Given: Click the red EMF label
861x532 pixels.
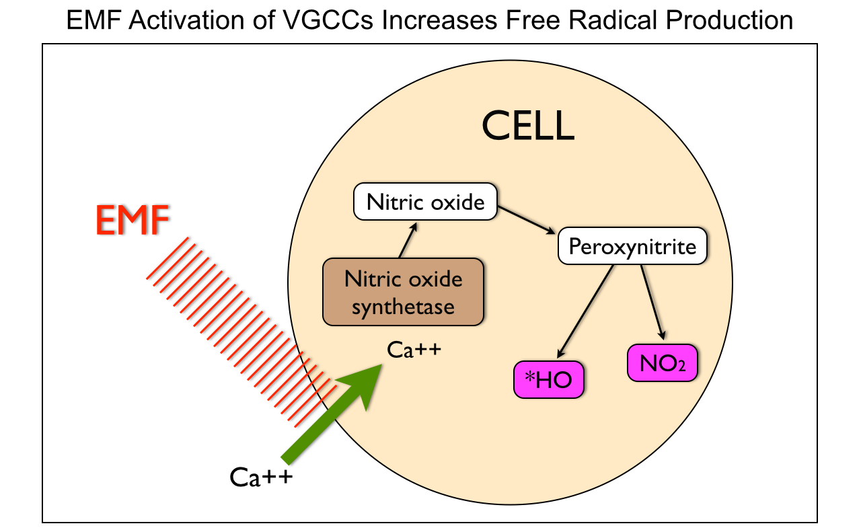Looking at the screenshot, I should (132, 221).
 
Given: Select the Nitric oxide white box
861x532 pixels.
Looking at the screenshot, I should (425, 202).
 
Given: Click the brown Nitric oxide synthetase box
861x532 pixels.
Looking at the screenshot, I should (403, 292).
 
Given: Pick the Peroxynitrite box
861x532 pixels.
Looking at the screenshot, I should (632, 247).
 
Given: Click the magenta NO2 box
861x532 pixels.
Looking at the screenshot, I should (661, 363).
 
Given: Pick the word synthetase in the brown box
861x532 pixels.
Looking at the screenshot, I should (403, 307).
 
